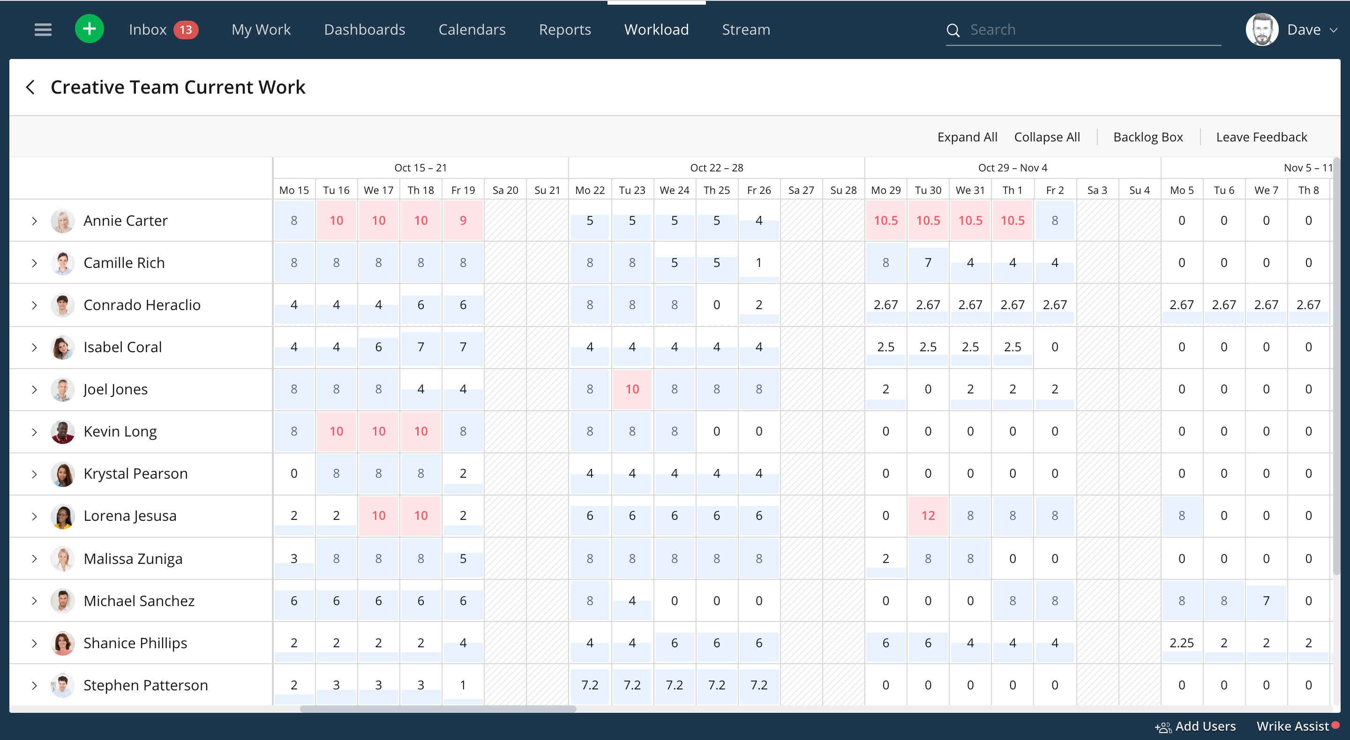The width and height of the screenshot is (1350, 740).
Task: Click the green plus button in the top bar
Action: tap(89, 29)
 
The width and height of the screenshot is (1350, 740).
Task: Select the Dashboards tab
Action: tap(364, 30)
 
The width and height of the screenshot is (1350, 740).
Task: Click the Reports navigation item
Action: tap(564, 30)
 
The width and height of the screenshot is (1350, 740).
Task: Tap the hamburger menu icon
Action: tap(43, 30)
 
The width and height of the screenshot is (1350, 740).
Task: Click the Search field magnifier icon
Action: tap(953, 30)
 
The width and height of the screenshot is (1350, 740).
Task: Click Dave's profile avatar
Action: tap(1261, 30)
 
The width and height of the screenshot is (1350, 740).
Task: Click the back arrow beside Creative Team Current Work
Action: tap(30, 87)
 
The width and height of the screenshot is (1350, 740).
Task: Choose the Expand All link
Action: tap(967, 137)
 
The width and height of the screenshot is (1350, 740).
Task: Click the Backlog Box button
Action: tap(1147, 137)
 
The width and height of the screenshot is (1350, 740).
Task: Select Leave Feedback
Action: tap(1261, 137)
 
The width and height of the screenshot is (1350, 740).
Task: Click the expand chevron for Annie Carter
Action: tap(35, 221)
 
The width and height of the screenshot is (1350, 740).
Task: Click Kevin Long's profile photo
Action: tap(62, 431)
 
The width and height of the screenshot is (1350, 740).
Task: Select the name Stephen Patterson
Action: tap(146, 685)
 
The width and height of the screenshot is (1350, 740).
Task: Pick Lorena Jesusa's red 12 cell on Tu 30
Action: tap(928, 516)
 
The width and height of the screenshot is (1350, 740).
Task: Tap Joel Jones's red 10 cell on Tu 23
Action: tap(632, 389)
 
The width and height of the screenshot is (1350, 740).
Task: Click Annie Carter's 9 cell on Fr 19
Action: tap(463, 221)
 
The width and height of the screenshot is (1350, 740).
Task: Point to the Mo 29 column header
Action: tap(885, 190)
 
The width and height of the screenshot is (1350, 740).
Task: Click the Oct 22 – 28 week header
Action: tap(716, 168)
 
